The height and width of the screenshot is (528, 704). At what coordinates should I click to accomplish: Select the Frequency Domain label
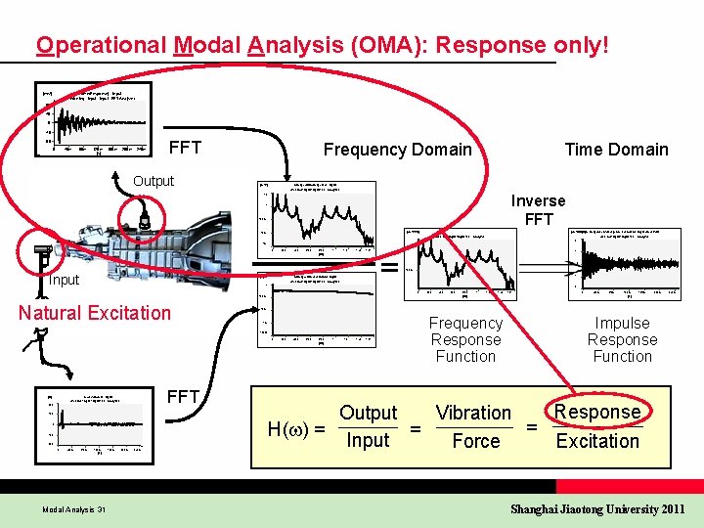tap(397, 150)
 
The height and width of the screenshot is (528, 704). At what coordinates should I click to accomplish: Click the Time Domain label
tap(616, 150)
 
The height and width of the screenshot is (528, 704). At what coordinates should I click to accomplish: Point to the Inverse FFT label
tap(538, 210)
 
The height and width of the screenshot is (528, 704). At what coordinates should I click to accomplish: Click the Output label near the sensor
tap(154, 181)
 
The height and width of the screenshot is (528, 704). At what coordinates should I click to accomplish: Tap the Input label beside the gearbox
tap(65, 281)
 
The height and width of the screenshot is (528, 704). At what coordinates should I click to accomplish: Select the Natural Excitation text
tap(95, 313)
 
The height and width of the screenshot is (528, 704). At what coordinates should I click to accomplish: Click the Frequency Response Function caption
tap(465, 339)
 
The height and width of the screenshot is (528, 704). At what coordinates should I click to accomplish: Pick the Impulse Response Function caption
tap(622, 339)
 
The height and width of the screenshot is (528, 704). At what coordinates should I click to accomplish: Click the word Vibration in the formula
tap(474, 414)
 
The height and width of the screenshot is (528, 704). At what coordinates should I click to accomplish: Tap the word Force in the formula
tap(476, 441)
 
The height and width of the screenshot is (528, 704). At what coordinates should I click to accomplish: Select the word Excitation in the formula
tap(597, 441)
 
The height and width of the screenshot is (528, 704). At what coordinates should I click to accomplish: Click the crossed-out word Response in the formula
tap(597, 412)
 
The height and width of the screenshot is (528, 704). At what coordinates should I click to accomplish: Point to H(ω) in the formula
tap(295, 428)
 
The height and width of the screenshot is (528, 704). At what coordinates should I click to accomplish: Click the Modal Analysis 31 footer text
tap(74, 509)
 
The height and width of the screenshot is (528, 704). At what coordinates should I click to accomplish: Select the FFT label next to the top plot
tap(186, 149)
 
